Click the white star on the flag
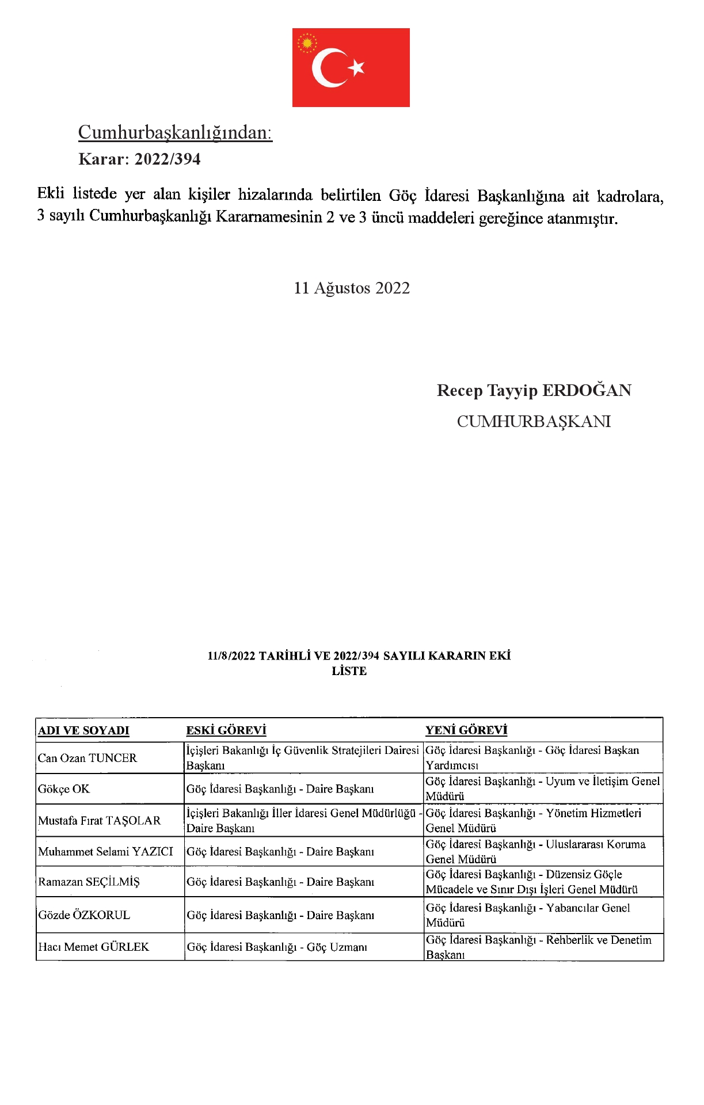(x=357, y=67)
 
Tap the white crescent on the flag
(x=325, y=67)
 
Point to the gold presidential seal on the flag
(x=307, y=43)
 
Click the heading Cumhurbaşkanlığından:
(x=175, y=132)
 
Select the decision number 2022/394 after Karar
(x=168, y=159)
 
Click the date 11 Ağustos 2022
(x=352, y=288)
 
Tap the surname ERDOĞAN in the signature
(x=587, y=390)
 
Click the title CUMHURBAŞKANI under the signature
(x=534, y=421)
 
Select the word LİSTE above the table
(x=349, y=670)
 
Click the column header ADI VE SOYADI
(x=83, y=730)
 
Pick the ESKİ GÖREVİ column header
(x=226, y=730)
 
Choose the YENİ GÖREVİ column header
(x=466, y=730)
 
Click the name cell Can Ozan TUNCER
(x=87, y=758)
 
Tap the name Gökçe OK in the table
(x=64, y=789)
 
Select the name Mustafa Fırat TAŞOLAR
(x=100, y=821)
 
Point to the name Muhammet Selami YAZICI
(x=105, y=852)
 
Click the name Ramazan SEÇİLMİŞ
(x=89, y=882)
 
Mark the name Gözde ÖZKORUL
(x=84, y=915)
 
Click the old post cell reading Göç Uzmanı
(x=277, y=947)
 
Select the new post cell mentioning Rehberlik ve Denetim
(x=539, y=947)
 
